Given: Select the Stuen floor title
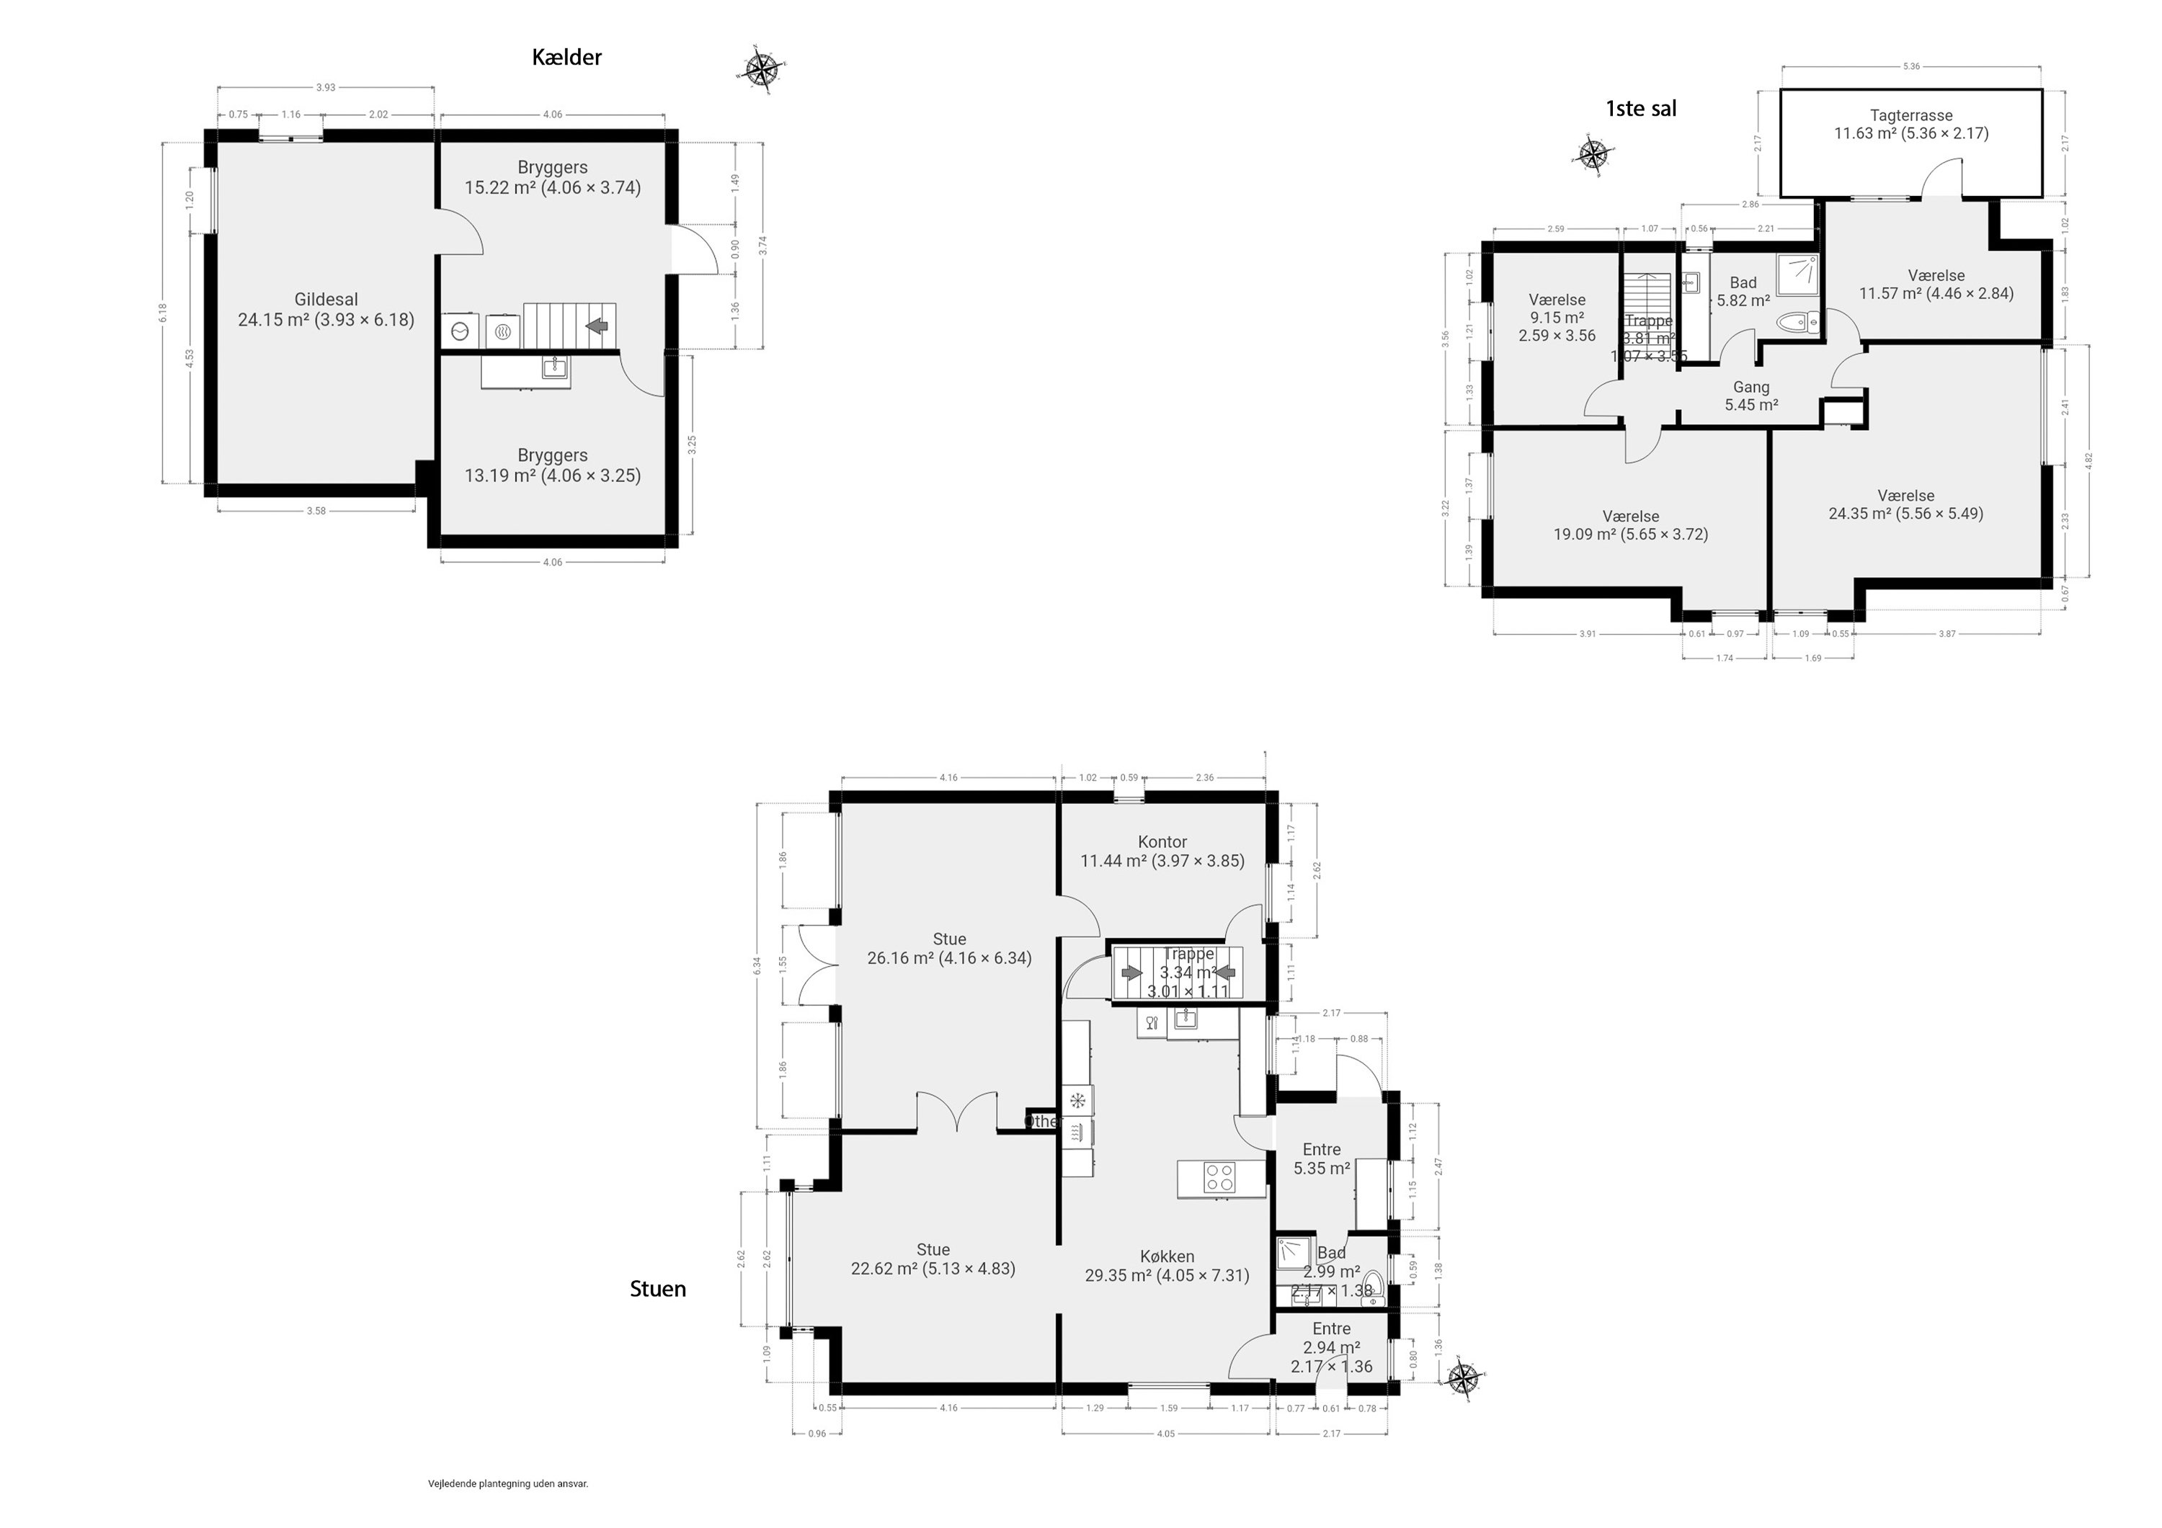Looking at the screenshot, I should pos(657,1289).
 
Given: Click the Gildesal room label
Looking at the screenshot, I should pos(326,300).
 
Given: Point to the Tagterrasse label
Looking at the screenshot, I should pos(1910,116).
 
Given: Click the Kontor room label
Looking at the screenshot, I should pos(1162,841).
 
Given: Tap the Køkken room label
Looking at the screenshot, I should pos(1167,1256).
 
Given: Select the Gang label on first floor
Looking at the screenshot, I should pos(1750,387).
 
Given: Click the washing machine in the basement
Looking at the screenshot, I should pos(461,331).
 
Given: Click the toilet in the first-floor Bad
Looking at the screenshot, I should pos(1800,323).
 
